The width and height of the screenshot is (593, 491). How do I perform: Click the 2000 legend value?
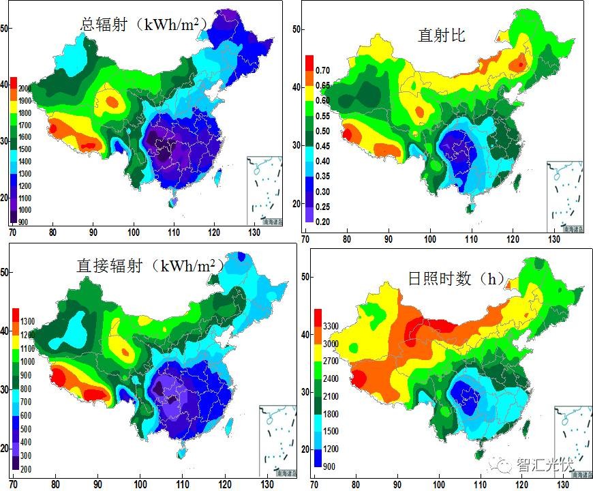25,89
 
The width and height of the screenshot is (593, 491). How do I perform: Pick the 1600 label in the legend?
25,136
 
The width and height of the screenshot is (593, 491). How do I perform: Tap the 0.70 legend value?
322,70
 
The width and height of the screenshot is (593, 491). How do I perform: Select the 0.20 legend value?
322,222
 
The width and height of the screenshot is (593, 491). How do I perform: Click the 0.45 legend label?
322,146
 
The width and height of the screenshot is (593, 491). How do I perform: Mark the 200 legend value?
25,470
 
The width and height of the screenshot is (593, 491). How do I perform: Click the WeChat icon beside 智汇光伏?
504,466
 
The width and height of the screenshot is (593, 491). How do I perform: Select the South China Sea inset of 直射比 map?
564,196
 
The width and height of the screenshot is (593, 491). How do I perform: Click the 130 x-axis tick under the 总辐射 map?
258,232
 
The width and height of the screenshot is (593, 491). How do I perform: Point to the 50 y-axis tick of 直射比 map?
296,29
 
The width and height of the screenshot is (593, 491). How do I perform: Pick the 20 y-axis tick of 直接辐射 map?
5,448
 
